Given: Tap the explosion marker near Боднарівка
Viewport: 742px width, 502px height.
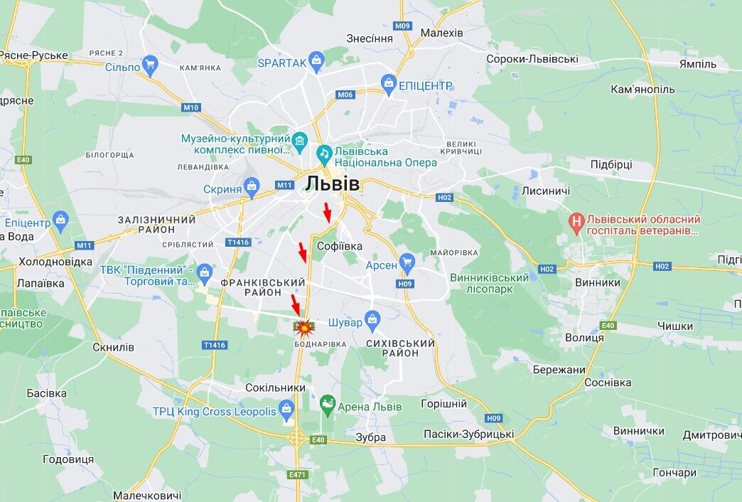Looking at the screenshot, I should (x=304, y=328).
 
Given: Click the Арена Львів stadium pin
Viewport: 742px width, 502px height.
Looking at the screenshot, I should (x=327, y=405).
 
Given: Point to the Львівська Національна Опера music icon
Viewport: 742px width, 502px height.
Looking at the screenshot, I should (x=324, y=153).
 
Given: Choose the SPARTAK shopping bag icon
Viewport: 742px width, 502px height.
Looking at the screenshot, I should (x=317, y=63).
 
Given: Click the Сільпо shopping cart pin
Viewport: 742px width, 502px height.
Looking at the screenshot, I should (x=149, y=66).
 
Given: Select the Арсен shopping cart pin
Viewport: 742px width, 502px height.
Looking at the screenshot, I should (x=407, y=264).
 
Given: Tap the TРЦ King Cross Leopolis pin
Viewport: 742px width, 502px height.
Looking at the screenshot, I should (x=286, y=410).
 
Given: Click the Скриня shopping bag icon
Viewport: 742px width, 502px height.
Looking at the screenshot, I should (x=252, y=188).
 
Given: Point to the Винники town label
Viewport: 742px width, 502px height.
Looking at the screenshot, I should (x=597, y=282).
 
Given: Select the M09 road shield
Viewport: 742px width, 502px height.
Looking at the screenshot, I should (x=403, y=26).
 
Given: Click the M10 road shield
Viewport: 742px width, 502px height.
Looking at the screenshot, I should (x=190, y=107).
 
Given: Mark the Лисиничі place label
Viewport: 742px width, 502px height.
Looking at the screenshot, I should (x=546, y=191).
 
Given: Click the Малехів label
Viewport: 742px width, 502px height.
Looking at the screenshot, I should (x=441, y=33).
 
